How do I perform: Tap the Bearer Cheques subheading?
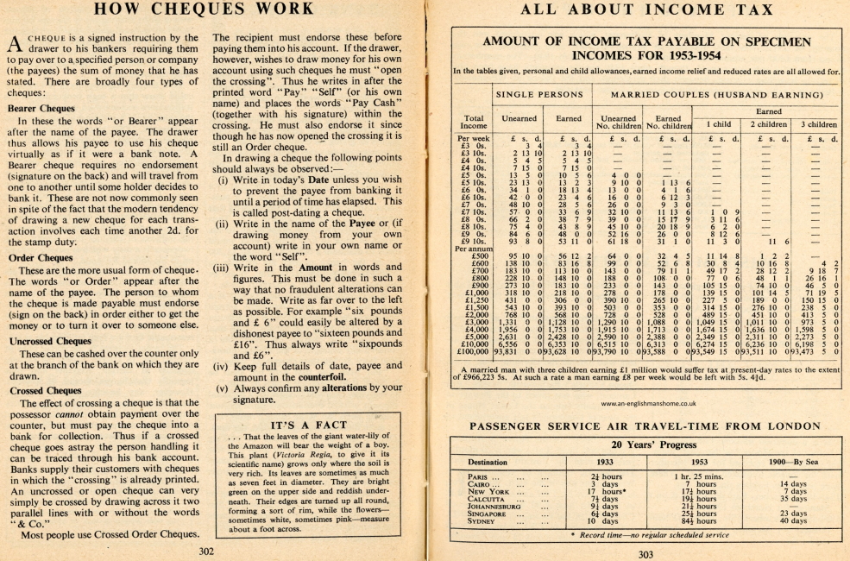click(x=40, y=110)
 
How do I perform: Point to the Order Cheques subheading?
click(x=40, y=257)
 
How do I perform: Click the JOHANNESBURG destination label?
click(x=499, y=507)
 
